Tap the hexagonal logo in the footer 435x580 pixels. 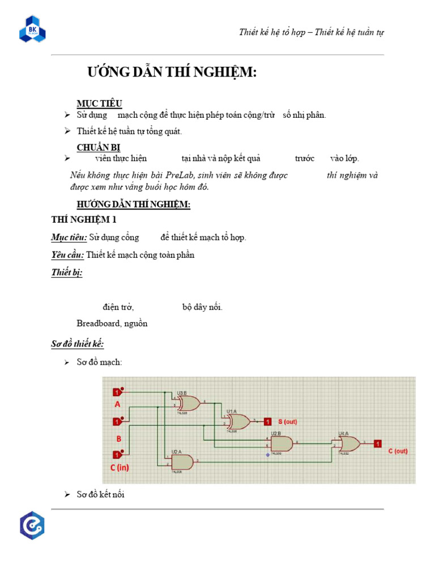32,526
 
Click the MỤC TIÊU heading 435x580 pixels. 99,103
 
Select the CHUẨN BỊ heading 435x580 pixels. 99,147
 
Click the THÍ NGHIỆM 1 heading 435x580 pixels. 84,220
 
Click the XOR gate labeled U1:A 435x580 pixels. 238,421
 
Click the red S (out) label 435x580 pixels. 287,421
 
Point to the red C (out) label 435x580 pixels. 398,451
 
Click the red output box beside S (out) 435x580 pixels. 268,421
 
